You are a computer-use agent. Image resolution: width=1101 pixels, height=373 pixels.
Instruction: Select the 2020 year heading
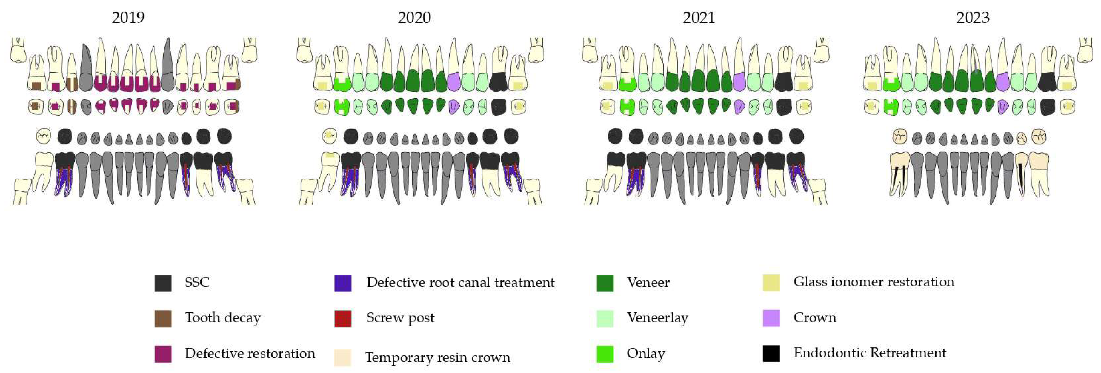point(414,18)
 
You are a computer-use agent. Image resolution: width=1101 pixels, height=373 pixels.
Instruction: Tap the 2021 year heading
point(698,18)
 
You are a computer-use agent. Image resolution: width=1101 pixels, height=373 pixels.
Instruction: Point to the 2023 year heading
point(972,18)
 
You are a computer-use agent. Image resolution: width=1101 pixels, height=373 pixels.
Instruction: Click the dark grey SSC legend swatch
point(163,283)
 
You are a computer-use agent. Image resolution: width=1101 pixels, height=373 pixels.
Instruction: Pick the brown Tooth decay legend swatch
point(163,318)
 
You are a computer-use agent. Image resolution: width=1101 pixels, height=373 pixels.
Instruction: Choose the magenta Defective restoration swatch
point(163,354)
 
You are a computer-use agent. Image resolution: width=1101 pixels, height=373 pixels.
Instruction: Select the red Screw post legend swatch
point(343,318)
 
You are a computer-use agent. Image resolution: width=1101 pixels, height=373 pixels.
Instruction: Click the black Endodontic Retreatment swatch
point(771,353)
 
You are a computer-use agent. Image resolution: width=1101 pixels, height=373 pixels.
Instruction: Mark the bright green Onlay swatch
point(605,354)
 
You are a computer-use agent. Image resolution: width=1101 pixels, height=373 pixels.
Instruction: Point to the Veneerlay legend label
point(657,318)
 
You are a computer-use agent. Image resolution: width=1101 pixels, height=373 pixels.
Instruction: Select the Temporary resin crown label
point(438,357)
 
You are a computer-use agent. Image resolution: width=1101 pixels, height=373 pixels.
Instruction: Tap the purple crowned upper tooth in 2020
point(454,81)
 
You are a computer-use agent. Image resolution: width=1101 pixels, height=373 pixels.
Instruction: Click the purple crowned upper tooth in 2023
point(1002,81)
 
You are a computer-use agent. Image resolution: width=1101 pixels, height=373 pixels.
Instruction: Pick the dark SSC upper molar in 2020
point(497,81)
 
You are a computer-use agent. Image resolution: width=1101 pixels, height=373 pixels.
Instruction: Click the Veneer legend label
point(648,282)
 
